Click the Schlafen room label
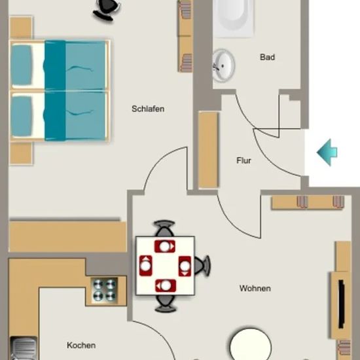(x=148, y=109)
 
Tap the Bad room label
(x=267, y=57)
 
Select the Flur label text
(x=243, y=160)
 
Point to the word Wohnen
(x=255, y=289)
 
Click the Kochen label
(x=81, y=346)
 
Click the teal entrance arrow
(x=327, y=153)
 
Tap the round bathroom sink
(x=223, y=65)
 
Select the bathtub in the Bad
(x=233, y=18)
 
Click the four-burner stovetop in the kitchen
(x=105, y=290)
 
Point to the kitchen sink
(x=24, y=348)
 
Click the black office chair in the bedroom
(x=106, y=10)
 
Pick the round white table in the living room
(x=251, y=345)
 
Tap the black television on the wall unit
(x=342, y=304)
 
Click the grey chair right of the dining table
(x=202, y=265)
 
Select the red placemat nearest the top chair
(x=164, y=246)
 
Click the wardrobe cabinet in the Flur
(x=208, y=150)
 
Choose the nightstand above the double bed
(x=21, y=27)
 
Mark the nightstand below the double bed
(x=21, y=153)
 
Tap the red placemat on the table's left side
(x=145, y=265)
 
